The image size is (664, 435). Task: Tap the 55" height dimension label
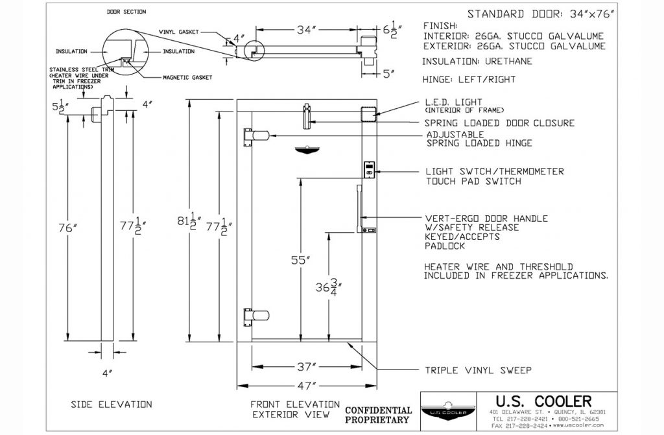(300, 261)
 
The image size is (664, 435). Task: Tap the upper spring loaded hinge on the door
(255, 135)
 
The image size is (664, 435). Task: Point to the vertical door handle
(358, 208)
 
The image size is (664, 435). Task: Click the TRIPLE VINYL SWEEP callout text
(478, 371)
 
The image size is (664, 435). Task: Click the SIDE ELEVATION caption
(111, 405)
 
